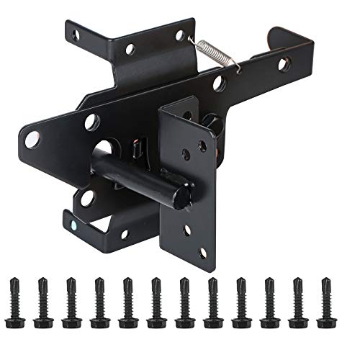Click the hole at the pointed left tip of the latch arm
(32, 140)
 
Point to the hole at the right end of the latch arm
(282, 64)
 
